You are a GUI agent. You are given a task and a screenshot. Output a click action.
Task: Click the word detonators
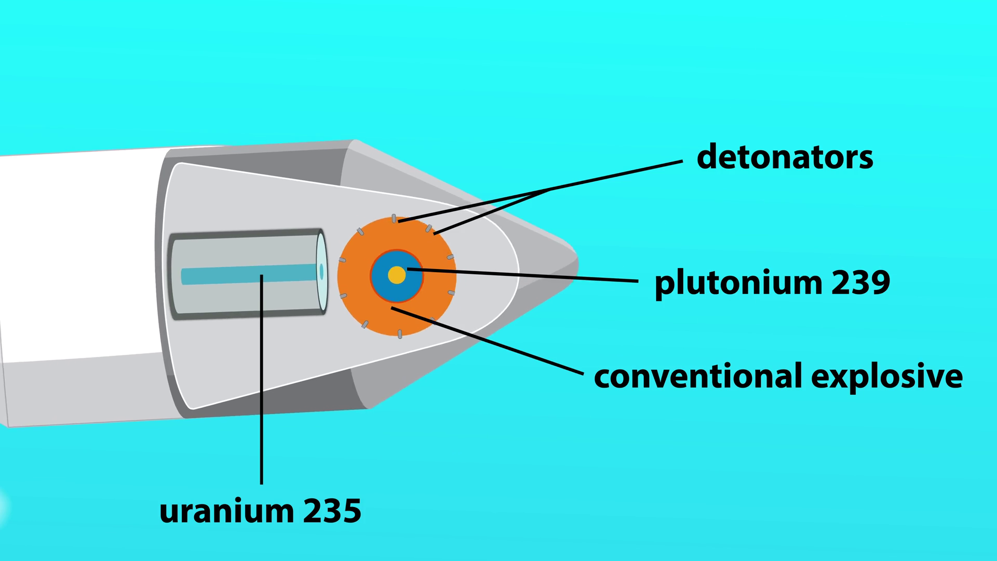(785, 157)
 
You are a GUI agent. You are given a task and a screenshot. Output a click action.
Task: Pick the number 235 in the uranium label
(332, 511)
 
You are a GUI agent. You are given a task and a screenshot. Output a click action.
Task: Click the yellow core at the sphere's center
(397, 275)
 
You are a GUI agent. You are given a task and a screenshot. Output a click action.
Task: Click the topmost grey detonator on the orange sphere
(394, 219)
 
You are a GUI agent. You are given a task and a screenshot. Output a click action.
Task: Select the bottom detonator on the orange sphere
(399, 334)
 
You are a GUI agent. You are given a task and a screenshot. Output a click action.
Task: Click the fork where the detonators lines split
(549, 190)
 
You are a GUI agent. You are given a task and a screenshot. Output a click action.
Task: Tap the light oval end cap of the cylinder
(321, 272)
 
